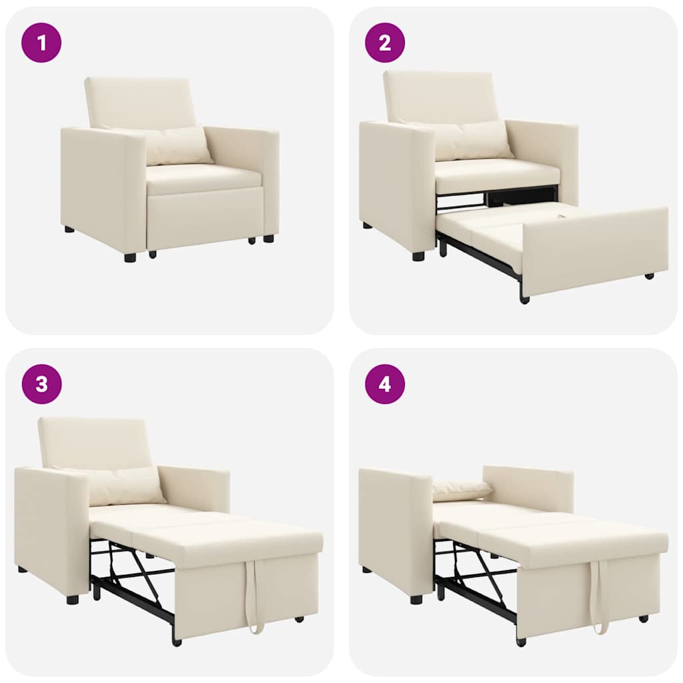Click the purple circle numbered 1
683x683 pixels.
[x=41, y=43]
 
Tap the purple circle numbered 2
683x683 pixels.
[x=385, y=43]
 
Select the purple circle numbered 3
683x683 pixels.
[x=41, y=384]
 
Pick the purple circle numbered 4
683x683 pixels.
[x=385, y=384]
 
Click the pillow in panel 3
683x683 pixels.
[x=123, y=485]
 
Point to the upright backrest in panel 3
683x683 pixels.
[x=93, y=442]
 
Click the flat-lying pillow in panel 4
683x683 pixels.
[x=462, y=490]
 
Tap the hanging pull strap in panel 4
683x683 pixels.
[x=600, y=597]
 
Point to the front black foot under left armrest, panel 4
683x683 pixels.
[x=416, y=599]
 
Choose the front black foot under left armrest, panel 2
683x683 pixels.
[x=418, y=255]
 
